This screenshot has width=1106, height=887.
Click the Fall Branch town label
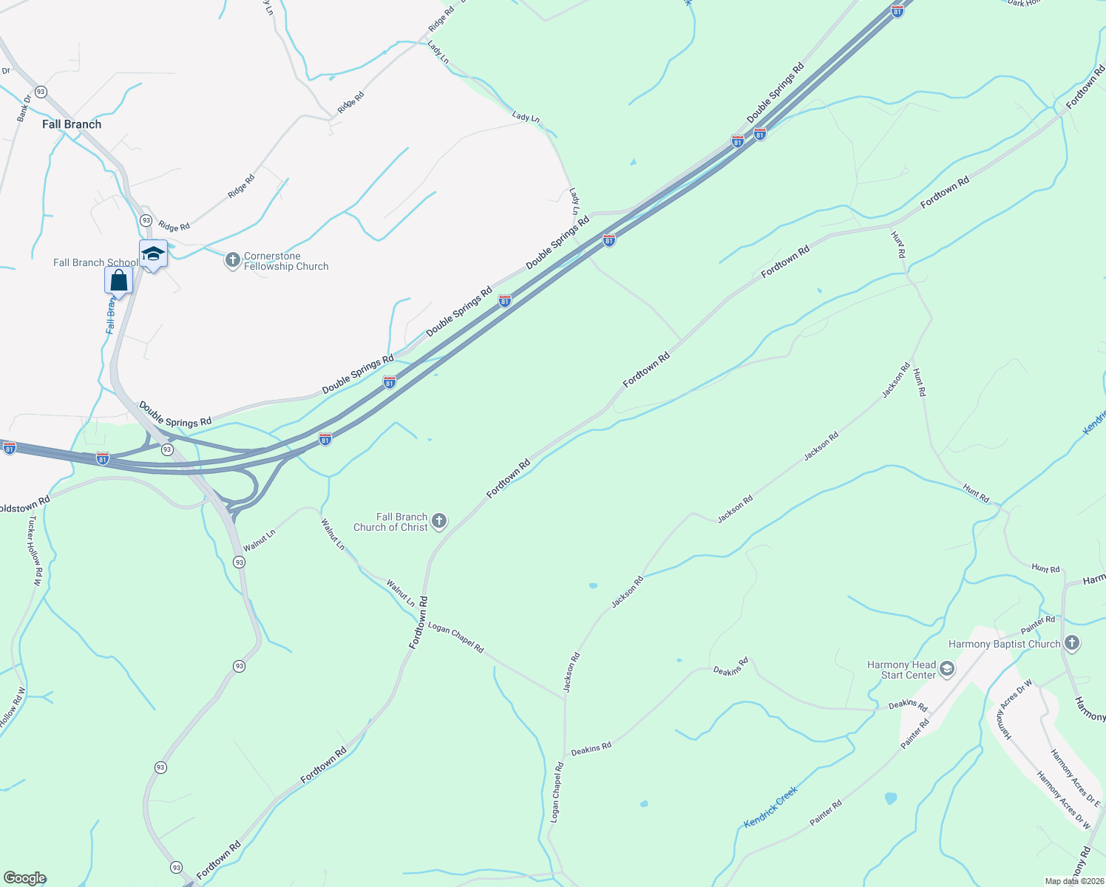point(72,124)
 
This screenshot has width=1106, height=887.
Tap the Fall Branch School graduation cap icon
point(153,254)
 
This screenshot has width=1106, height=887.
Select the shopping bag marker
point(118,281)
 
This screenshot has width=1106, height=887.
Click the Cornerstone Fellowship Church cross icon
point(232,259)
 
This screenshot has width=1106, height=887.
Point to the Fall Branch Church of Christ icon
point(438,521)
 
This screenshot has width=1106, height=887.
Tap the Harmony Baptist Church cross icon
point(1072,643)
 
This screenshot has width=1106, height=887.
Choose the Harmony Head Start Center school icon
point(947,670)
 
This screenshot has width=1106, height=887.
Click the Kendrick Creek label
point(770,806)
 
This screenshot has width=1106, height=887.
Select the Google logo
point(24,878)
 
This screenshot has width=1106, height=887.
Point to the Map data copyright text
point(1073,881)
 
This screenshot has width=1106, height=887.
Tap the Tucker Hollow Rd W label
point(34,550)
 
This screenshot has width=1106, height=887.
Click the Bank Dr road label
point(24,107)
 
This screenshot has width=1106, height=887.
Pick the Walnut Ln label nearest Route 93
point(259,540)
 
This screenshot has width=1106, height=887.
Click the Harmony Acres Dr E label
point(1074,777)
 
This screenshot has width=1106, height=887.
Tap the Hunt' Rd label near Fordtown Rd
point(898,245)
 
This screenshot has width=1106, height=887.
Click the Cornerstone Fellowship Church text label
point(286,261)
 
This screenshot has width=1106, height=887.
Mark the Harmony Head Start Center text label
point(901,670)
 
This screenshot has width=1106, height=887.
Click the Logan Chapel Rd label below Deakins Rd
point(557,792)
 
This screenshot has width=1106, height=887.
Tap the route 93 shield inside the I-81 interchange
point(167,449)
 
